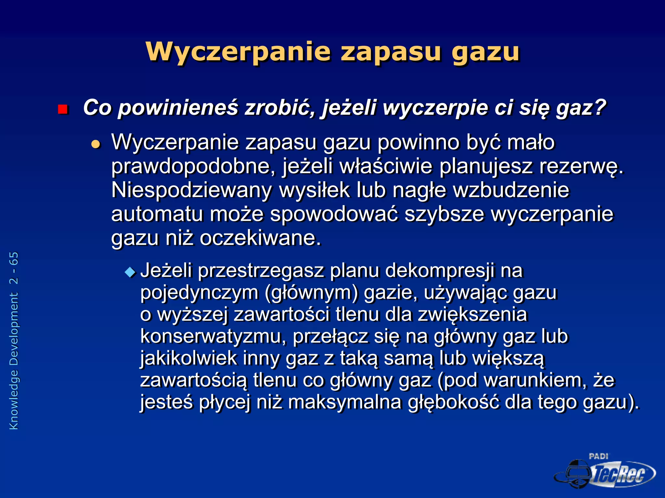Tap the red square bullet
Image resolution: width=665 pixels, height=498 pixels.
(x=63, y=109)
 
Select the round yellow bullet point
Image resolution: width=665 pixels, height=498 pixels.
(x=96, y=144)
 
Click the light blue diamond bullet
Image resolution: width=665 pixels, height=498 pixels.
(x=130, y=272)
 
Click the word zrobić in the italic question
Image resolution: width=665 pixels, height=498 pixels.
(x=280, y=108)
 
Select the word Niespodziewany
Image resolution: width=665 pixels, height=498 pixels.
(x=191, y=191)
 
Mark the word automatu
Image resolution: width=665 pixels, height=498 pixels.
(x=157, y=215)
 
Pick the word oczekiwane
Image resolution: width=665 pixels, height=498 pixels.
(x=260, y=238)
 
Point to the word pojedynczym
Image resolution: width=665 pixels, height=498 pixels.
(x=199, y=293)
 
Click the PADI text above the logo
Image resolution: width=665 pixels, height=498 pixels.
(x=598, y=456)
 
